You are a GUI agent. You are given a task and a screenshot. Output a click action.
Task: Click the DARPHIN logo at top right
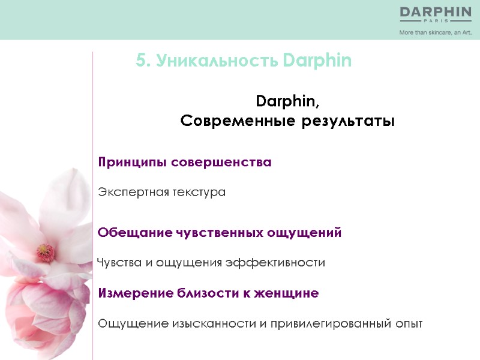click(x=436, y=12)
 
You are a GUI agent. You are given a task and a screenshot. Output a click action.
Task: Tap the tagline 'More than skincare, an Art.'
click(x=436, y=33)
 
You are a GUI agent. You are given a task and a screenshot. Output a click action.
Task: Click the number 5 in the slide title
click(x=140, y=61)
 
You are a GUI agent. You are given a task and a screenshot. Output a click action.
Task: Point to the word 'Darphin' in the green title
click(x=317, y=61)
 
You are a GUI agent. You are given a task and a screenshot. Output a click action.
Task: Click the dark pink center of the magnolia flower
click(x=44, y=251)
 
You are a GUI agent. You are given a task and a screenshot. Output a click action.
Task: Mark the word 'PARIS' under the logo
click(x=436, y=21)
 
